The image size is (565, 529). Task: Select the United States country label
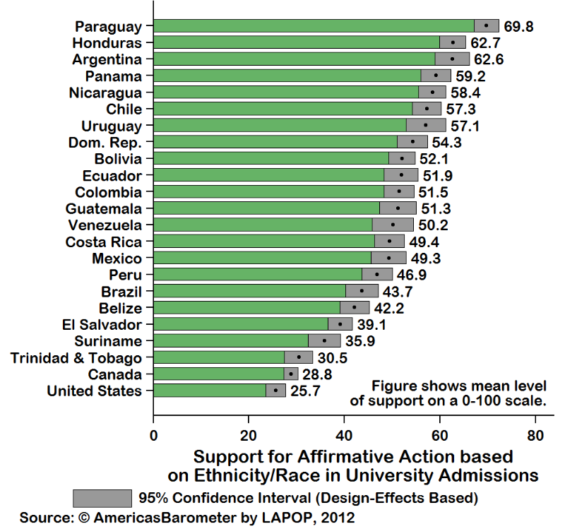coord(94,391)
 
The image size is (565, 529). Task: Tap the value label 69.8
coord(518,27)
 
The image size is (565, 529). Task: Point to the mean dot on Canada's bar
coord(291,374)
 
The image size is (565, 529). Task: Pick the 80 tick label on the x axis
coord(535,435)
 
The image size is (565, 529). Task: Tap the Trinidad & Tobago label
coord(76,358)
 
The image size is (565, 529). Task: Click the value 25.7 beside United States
coord(305,391)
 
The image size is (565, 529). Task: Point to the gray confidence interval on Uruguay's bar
coord(426,126)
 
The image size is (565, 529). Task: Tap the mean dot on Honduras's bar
coord(453,43)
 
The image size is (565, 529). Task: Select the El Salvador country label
coord(102,325)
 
